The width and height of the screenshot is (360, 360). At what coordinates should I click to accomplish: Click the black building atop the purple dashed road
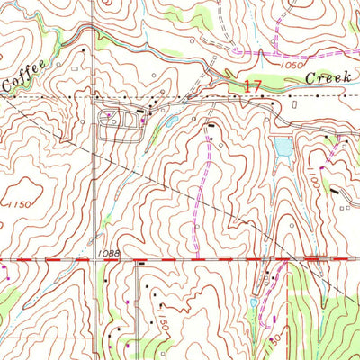pyautogui.click(x=210, y=125)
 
